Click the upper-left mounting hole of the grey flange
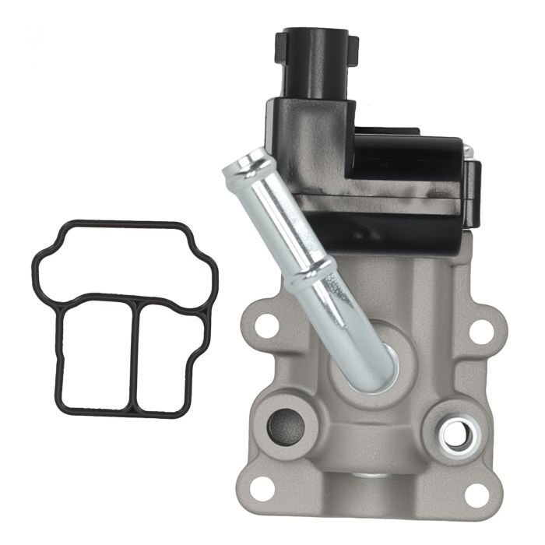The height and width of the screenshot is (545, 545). click(x=267, y=326)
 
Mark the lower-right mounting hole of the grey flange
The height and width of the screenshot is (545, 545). click(x=476, y=493)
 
